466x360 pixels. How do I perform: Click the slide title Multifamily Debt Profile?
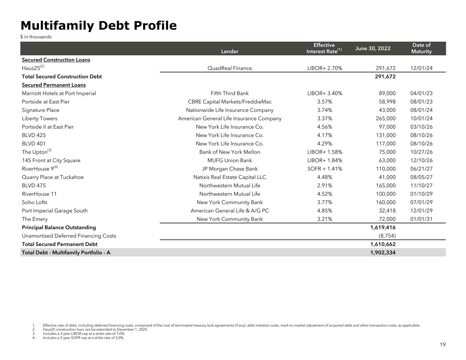tap(99, 26)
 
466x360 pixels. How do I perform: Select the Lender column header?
tap(230, 52)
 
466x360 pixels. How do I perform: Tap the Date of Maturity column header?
tap(421, 48)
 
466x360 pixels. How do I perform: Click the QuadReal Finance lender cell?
tap(230, 68)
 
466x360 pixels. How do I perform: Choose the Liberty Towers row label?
tap(40, 119)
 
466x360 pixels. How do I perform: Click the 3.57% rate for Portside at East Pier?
tap(324, 102)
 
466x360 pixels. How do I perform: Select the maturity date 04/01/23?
tap(421, 93)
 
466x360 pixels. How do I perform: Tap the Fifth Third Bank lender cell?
tap(230, 93)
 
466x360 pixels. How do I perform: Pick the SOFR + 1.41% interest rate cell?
tap(325, 169)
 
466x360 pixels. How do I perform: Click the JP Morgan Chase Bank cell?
tap(230, 169)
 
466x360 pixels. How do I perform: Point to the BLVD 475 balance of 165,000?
tap(385, 186)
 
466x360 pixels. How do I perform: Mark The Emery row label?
tap(35, 219)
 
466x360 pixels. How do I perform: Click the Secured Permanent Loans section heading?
tap(54, 85)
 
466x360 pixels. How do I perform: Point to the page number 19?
tap(442, 345)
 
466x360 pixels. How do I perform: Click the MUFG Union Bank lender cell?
tap(230, 160)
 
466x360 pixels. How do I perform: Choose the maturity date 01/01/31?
tap(421, 219)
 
